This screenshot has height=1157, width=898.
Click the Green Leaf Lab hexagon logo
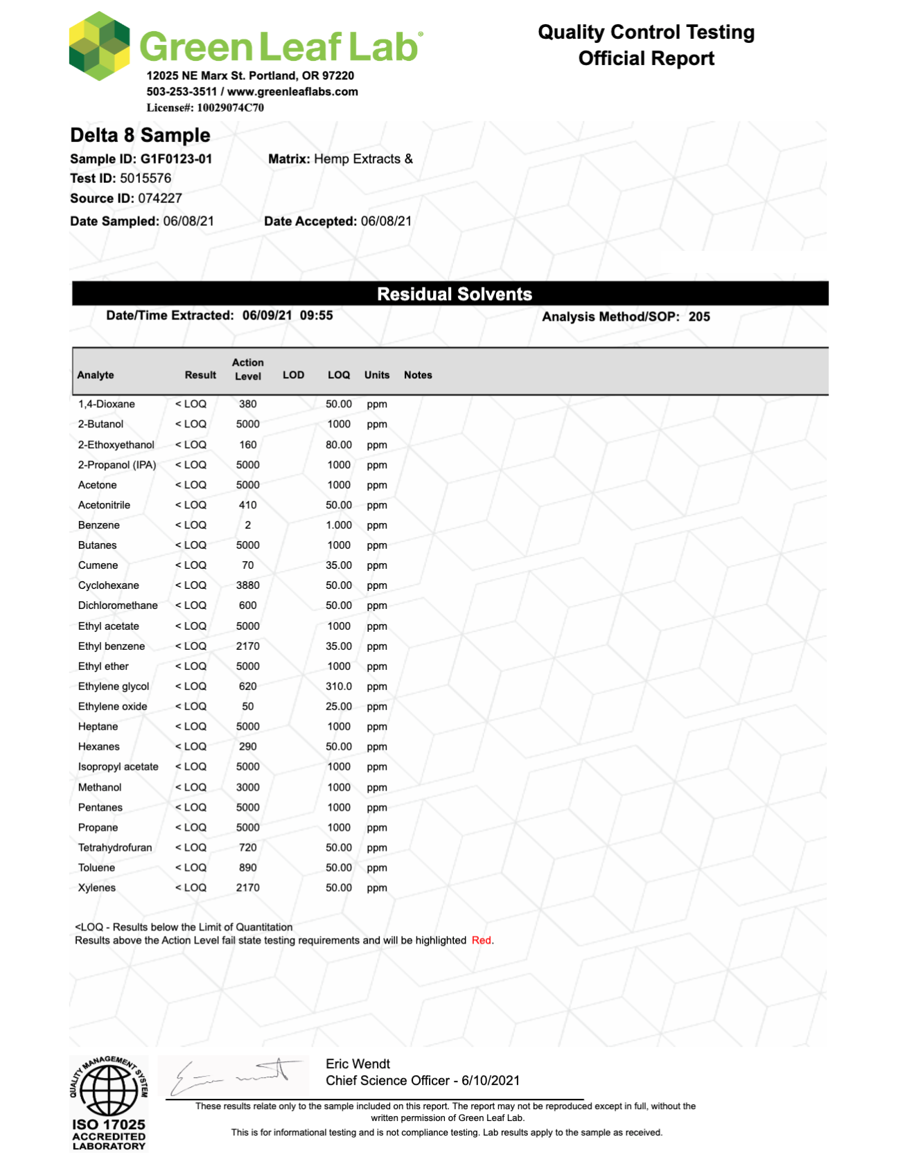coord(99,46)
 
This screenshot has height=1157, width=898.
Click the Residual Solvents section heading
coord(454,294)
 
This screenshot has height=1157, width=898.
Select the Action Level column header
coord(247,369)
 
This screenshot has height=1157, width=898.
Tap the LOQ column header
coord(338,375)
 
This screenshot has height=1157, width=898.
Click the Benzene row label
coord(98,525)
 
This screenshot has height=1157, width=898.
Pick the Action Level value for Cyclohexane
coord(247,585)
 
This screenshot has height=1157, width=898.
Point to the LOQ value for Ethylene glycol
coord(339,687)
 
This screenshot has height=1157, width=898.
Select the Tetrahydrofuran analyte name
coord(114,847)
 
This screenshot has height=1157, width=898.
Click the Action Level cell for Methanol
coord(247,787)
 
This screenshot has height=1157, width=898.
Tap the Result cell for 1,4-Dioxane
coord(191,404)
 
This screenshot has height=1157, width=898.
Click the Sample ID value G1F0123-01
coord(176,159)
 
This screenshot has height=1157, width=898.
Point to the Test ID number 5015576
coord(146,178)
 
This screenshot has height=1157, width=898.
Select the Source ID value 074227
coord(160,198)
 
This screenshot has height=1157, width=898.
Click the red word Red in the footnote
coord(481,940)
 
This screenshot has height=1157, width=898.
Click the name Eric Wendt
coord(358,1063)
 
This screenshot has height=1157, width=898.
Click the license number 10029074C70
coord(230,107)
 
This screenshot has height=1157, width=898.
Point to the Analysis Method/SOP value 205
coord(699,317)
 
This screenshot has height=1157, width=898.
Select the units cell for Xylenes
coord(377,887)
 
